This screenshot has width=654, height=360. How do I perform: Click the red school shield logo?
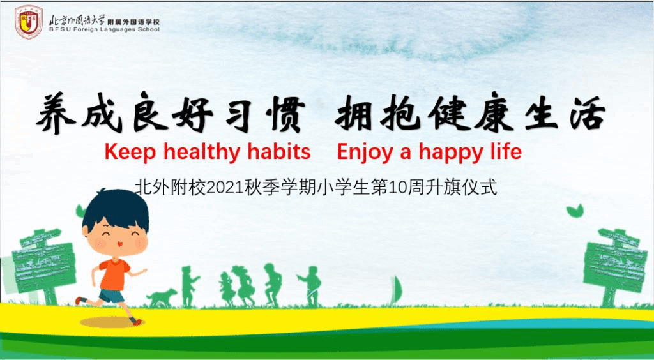[29, 22]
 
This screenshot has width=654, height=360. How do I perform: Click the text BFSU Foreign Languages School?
[104, 29]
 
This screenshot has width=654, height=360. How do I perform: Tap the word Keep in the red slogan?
[130, 152]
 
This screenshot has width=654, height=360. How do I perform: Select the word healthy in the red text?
[201, 152]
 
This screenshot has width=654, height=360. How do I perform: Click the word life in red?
[506, 151]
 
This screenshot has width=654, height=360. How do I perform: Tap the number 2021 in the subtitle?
[225, 188]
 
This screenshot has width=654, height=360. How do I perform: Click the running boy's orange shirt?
[114, 274]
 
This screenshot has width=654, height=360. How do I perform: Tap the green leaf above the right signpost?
[575, 211]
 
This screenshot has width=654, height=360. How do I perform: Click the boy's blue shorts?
[112, 296]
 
